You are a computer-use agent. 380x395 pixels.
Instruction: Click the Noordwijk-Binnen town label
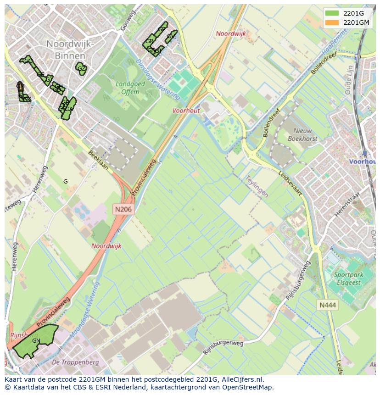pos(70,49)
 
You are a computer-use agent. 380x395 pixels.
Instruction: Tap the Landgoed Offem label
pos(130,88)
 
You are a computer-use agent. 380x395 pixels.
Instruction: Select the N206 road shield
pos(123,209)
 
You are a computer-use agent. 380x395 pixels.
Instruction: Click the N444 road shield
pos(328,305)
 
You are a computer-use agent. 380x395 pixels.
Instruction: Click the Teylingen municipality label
pos(256,185)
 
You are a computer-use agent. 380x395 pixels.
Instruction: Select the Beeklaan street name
pos(99,160)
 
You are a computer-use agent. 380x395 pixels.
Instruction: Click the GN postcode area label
pos(36,341)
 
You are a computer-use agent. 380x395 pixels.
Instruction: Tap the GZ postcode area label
pos(81,69)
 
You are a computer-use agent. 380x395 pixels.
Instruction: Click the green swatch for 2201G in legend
pos(332,13)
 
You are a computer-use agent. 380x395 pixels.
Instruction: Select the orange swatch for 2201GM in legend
pos(332,22)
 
